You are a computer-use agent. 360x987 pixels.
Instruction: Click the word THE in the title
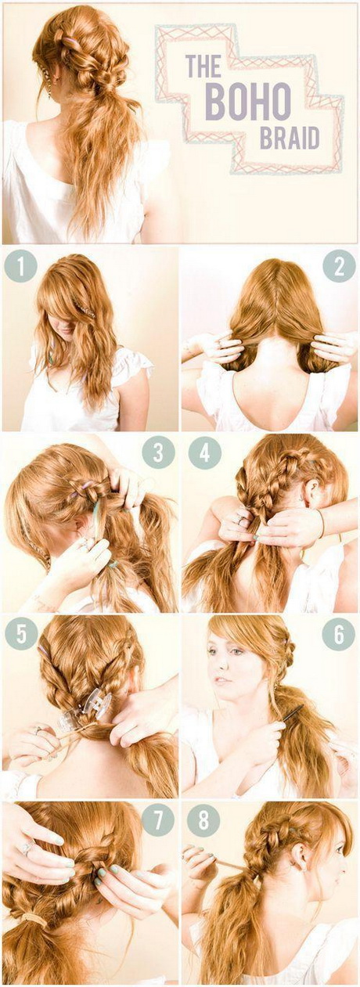[x=204, y=66]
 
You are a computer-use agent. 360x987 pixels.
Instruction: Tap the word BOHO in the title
[x=247, y=102]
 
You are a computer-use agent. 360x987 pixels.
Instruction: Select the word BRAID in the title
[x=290, y=138]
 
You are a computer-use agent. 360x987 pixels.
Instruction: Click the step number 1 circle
[x=20, y=265]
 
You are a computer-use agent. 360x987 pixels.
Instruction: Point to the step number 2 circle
[x=339, y=265]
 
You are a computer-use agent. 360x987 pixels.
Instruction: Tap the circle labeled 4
[x=204, y=452]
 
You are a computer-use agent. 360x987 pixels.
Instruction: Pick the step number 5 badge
[x=20, y=633]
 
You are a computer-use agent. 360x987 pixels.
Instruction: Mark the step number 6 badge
[x=339, y=633]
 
